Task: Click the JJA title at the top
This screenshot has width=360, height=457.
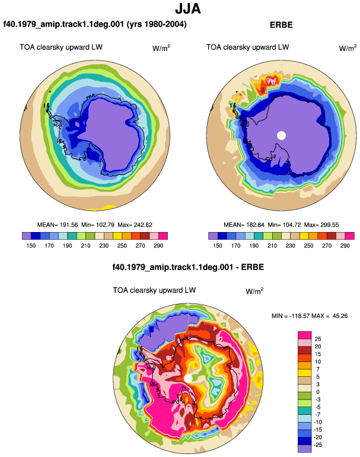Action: pyautogui.click(x=188, y=9)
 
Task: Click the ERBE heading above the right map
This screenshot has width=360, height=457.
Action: pyautogui.click(x=281, y=25)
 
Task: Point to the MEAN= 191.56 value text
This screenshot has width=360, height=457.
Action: pyautogui.click(x=58, y=225)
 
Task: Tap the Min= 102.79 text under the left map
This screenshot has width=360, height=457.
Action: pyautogui.click(x=98, y=225)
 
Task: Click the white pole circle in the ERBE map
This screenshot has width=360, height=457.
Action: pyautogui.click(x=281, y=135)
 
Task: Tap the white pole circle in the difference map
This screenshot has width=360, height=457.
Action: pyautogui.click(x=188, y=378)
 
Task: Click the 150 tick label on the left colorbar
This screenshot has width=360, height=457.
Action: pyautogui.click(x=31, y=246)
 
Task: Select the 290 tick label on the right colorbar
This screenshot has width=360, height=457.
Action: pyautogui.click(x=345, y=246)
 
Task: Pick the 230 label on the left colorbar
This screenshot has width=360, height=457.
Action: pyautogui.click(x=104, y=246)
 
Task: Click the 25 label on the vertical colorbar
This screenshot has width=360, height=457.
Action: pyautogui.click(x=318, y=339)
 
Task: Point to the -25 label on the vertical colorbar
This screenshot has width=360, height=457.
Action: pyautogui.click(x=318, y=445)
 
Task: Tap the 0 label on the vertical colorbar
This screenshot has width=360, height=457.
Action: pyautogui.click(x=318, y=392)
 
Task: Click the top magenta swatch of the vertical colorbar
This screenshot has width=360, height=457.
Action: pyautogui.click(x=305, y=335)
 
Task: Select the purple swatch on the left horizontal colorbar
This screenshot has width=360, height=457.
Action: pyautogui.click(x=27, y=236)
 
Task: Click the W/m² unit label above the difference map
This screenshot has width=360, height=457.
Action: pyautogui.click(x=254, y=291)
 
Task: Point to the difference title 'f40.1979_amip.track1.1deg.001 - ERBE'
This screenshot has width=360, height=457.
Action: pyautogui.click(x=188, y=267)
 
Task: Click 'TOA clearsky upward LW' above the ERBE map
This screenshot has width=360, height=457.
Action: pyautogui.click(x=247, y=47)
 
